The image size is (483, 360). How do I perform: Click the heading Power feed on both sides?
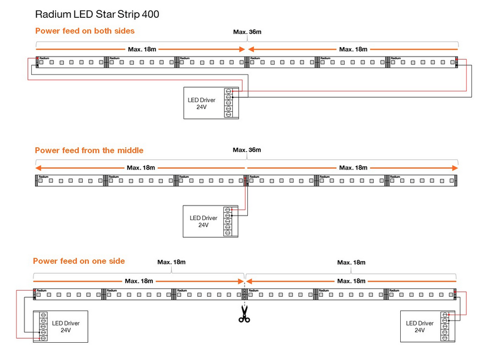pyautogui.click(x=84, y=31)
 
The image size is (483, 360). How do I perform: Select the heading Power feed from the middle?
pyautogui.click(x=89, y=150)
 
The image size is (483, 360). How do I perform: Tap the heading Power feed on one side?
pyautogui.click(x=79, y=261)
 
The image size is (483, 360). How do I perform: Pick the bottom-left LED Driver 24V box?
pyautogui.click(x=61, y=326)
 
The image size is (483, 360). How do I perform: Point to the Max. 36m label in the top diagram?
pyautogui.click(x=247, y=32)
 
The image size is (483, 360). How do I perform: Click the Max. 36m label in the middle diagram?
pyautogui.click(x=247, y=150)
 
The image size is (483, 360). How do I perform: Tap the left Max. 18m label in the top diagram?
pyautogui.click(x=142, y=49)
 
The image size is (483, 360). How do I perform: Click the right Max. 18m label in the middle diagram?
pyautogui.click(x=353, y=168)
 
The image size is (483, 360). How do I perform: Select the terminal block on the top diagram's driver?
pyautogui.click(x=228, y=103)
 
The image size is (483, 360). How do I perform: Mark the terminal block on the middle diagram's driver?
pyautogui.click(x=227, y=222)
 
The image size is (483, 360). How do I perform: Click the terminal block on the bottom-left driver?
pyautogui.click(x=42, y=326)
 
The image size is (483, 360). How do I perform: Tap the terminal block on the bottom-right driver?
pyautogui.click(x=445, y=326)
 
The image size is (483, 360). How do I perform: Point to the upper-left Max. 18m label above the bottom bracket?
pyautogui.click(x=171, y=262)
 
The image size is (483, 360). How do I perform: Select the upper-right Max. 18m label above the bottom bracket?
pyautogui.click(x=351, y=262)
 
